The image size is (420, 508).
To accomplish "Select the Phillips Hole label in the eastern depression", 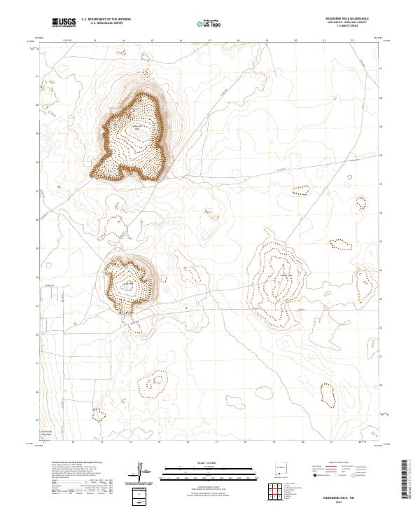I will [285, 275].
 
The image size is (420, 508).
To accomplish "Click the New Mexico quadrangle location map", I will [283, 467].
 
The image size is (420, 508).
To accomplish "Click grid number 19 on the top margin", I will [267, 41].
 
